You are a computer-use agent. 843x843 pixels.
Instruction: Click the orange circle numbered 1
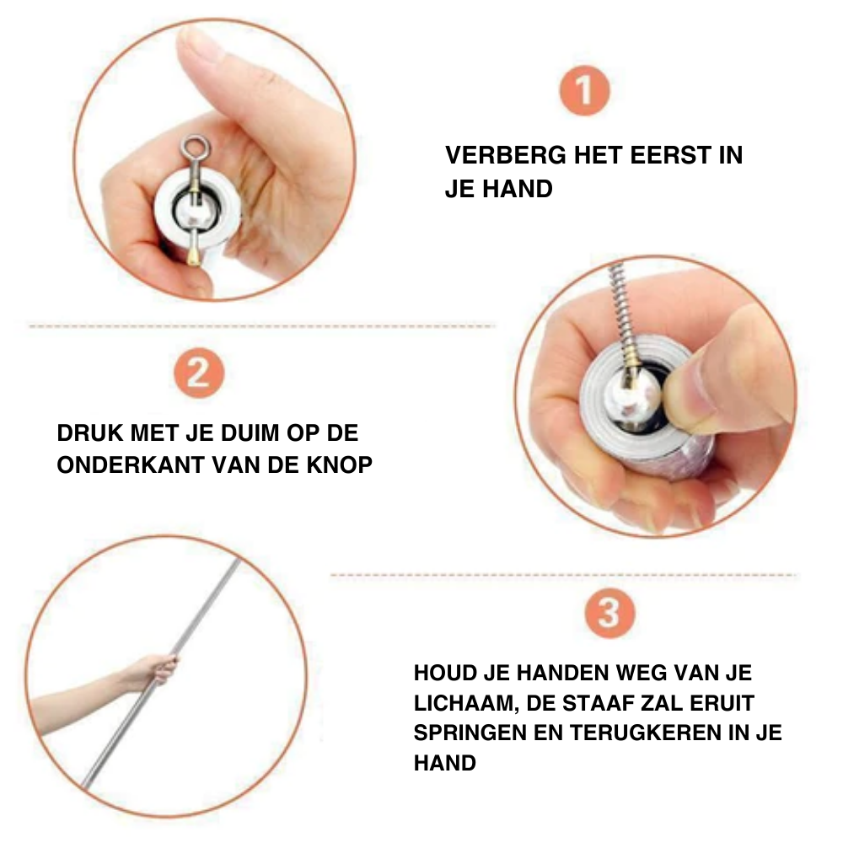tap(584, 90)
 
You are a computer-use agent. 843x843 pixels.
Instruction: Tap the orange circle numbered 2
tap(198, 373)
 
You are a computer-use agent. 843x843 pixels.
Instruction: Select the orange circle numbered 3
tap(609, 613)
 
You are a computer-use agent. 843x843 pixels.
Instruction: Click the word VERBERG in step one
tap(506, 155)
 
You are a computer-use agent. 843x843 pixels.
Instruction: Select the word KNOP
tap(339, 465)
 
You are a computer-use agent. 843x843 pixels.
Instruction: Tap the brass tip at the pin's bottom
tap(194, 257)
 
